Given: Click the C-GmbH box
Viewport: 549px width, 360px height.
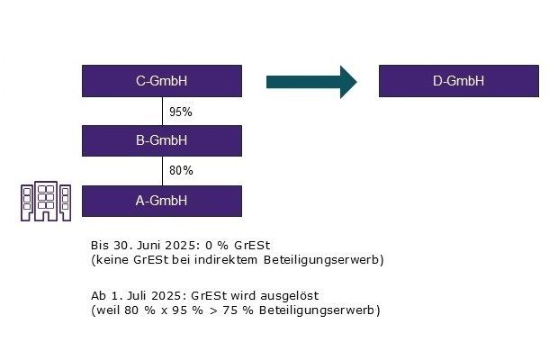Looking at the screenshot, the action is [x=162, y=81].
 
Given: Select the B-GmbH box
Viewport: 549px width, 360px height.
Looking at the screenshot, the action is [x=162, y=140].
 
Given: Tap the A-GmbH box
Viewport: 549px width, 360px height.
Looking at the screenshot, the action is [x=162, y=201].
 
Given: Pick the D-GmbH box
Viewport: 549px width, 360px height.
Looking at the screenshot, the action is [x=459, y=81].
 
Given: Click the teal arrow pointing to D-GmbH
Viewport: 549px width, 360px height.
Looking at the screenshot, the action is [x=311, y=82].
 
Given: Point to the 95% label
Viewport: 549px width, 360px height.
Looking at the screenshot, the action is [x=181, y=112].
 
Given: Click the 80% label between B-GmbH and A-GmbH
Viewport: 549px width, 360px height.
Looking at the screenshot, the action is [x=181, y=170].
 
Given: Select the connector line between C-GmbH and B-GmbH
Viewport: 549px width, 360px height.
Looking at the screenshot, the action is [x=163, y=112].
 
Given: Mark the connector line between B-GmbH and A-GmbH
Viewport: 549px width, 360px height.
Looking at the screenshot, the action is [x=163, y=171].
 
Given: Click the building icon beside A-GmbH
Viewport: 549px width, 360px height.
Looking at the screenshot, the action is [x=46, y=201].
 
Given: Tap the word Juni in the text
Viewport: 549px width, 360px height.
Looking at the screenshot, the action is [x=149, y=245].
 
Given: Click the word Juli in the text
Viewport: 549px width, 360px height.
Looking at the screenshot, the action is [x=137, y=295].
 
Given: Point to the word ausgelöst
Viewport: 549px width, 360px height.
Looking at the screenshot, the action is [x=289, y=296].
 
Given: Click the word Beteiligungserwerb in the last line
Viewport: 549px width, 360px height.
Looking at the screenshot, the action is [x=318, y=310].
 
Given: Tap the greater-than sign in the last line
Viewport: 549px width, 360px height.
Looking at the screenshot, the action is [x=213, y=310].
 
